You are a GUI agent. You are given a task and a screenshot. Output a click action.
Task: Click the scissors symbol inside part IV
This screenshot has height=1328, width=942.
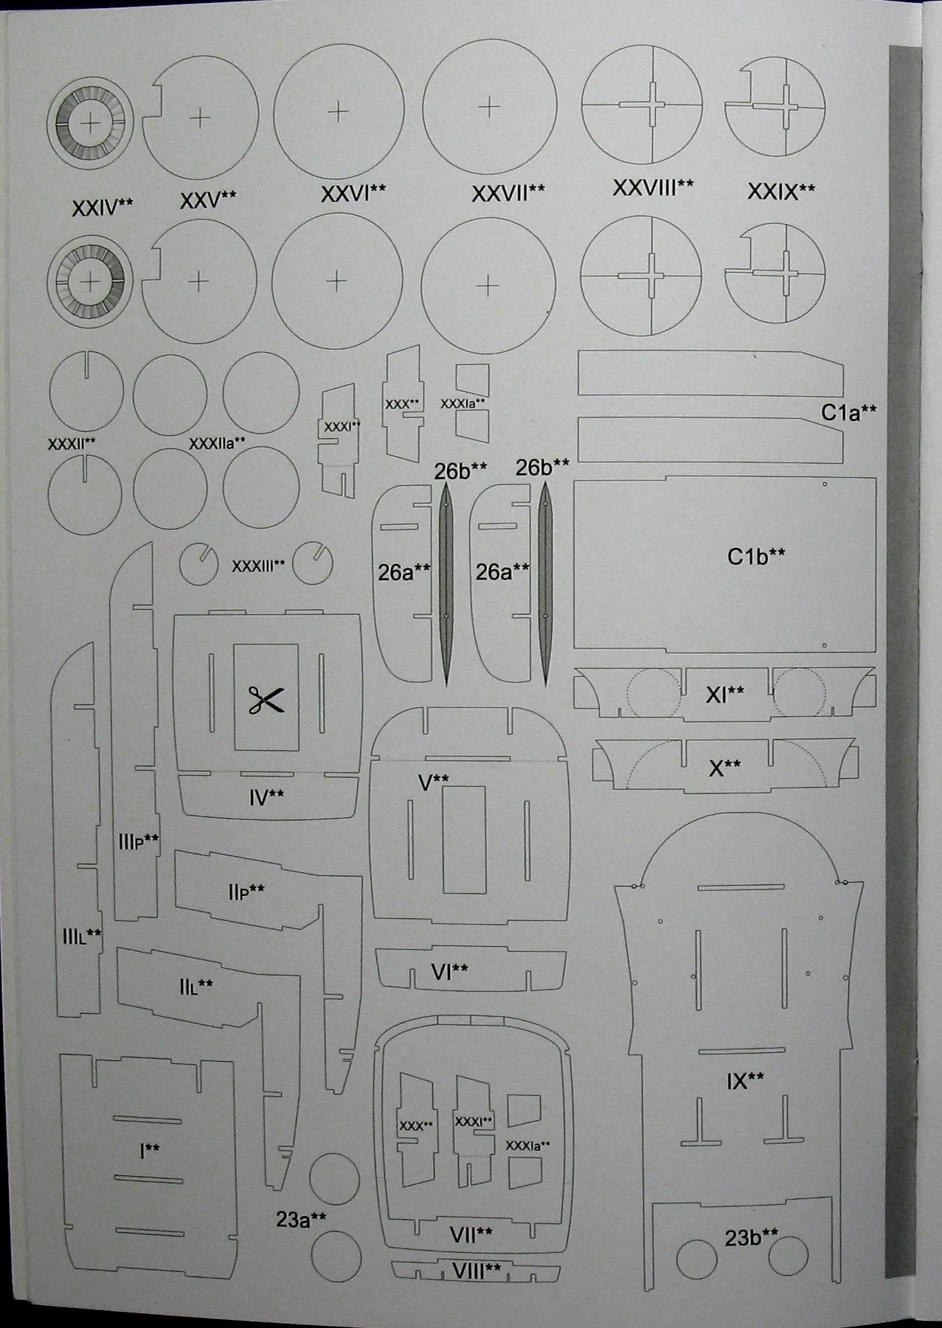pos(266,699)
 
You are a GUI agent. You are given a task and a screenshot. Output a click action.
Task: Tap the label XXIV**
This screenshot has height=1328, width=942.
pos(103,207)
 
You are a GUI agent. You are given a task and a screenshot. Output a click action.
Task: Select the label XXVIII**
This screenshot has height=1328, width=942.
pos(653,187)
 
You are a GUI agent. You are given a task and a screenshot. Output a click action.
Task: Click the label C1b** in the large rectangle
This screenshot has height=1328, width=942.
pos(756,556)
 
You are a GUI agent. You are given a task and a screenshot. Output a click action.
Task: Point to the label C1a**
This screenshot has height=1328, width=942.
pos(849,412)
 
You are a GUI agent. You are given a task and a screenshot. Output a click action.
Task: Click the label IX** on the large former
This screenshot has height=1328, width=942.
pos(745,1081)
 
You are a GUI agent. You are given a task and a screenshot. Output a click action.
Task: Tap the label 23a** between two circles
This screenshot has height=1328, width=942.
pos(301,1220)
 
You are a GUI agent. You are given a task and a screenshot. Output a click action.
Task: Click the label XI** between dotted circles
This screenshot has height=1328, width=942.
pos(724,693)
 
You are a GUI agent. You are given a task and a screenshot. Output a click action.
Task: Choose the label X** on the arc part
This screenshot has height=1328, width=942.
pos(724,768)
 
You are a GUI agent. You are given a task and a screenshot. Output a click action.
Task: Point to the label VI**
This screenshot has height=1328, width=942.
pos(449,972)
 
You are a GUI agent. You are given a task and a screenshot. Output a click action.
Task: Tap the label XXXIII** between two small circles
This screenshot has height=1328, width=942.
pos(258,566)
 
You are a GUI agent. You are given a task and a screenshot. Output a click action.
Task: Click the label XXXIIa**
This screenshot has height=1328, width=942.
pos(217,443)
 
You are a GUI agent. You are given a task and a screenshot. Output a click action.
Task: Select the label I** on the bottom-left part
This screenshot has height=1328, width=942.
pos(150,1150)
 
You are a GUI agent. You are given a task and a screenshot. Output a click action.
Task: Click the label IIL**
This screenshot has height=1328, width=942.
pos(195,984)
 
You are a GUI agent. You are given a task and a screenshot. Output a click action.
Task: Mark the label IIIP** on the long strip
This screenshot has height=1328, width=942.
pos(139,841)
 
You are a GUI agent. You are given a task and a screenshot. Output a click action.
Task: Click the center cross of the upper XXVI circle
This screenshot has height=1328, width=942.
pos(338,111)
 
